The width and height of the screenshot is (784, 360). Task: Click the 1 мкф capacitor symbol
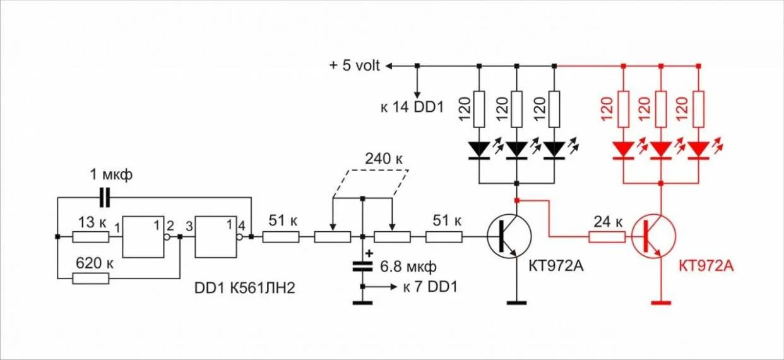click(105, 198)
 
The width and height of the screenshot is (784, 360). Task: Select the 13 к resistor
click(90, 237)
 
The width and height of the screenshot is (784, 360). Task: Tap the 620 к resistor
click(90, 279)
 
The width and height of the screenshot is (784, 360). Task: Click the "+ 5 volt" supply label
click(355, 66)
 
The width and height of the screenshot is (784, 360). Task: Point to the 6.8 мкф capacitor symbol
click(362, 265)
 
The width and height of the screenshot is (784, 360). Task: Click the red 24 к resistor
click(607, 237)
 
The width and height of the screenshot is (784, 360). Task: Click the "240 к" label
click(384, 159)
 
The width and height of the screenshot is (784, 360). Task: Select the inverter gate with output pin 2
click(144, 237)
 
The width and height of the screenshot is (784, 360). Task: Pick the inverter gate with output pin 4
click(217, 237)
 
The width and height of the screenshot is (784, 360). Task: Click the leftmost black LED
click(479, 149)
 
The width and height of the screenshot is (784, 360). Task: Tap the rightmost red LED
click(699, 149)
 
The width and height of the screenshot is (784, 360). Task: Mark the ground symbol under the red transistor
click(661, 304)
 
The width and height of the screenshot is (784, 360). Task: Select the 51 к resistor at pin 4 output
click(280, 237)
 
